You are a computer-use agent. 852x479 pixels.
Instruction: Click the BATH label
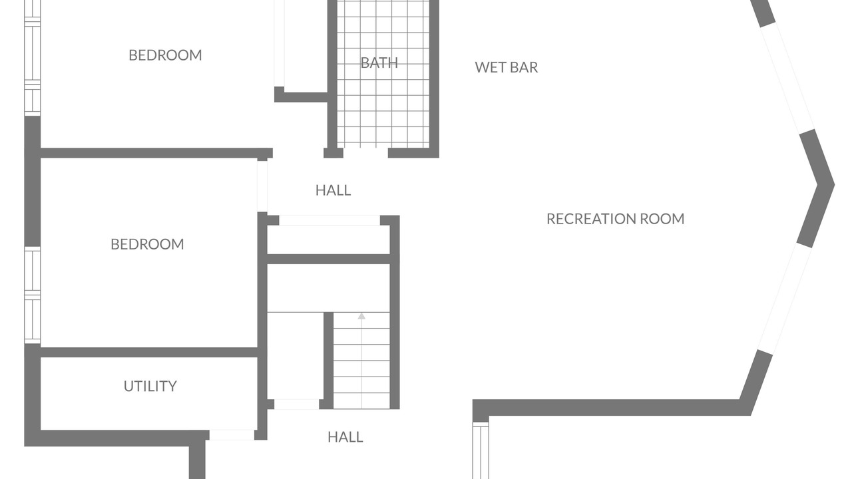(x=379, y=63)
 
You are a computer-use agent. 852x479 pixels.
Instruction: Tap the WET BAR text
(x=507, y=67)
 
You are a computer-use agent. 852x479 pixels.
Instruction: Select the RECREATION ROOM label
(x=616, y=219)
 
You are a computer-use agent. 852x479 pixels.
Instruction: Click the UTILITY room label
(x=150, y=387)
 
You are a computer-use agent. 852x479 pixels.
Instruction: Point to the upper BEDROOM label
(x=165, y=55)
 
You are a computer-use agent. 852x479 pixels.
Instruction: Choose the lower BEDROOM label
(x=147, y=244)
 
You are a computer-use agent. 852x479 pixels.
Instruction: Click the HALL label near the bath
(x=333, y=190)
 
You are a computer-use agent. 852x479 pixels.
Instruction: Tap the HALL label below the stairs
(x=345, y=437)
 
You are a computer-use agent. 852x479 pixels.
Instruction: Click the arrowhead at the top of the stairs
(x=361, y=316)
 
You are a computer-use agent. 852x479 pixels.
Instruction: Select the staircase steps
(x=361, y=361)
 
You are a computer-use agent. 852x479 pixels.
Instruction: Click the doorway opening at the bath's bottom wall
(x=365, y=153)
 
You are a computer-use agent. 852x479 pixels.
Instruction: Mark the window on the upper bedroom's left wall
(x=33, y=58)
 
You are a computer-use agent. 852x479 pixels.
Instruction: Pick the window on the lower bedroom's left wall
(x=33, y=295)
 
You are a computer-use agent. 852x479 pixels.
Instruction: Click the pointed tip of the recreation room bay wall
(x=834, y=185)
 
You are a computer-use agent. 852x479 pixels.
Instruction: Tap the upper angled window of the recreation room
(x=787, y=78)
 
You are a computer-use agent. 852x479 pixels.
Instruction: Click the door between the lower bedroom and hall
(x=262, y=186)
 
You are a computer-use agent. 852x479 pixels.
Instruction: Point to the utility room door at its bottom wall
(x=232, y=435)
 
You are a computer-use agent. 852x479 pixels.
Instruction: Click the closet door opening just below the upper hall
(x=329, y=220)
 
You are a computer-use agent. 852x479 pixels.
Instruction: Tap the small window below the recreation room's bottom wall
(x=481, y=450)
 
